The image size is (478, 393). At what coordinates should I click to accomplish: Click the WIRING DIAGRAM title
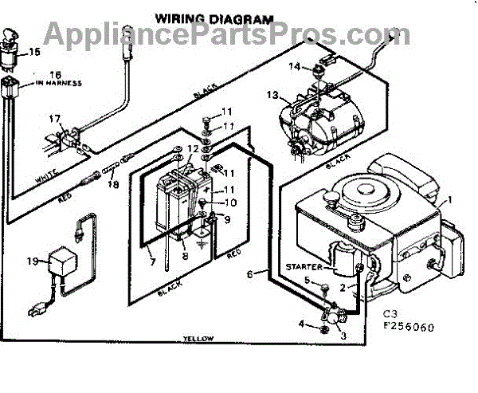point(214,17)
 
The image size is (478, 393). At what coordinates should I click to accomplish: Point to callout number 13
point(273,96)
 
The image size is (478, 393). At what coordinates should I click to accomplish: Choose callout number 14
point(294,66)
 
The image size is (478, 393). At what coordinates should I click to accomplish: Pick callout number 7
point(151,261)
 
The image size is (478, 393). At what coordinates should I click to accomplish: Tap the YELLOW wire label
point(198,339)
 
